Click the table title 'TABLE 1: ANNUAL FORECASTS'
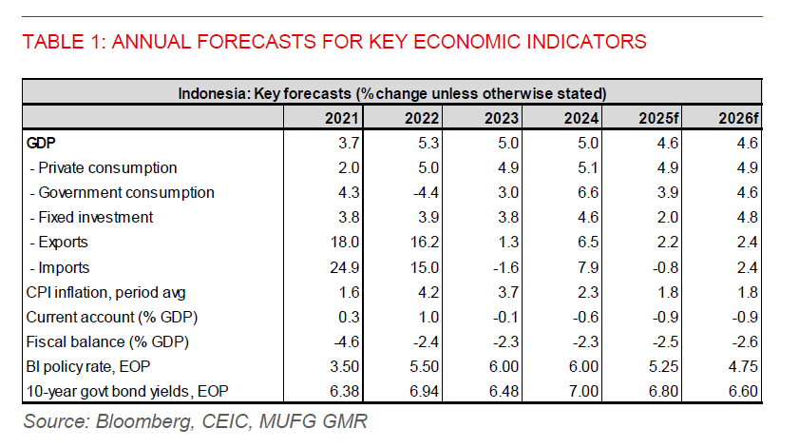click(333, 42)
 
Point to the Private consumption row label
click(104, 167)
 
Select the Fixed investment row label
click(92, 217)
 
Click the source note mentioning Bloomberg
click(194, 421)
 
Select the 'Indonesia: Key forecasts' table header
click(391, 93)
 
